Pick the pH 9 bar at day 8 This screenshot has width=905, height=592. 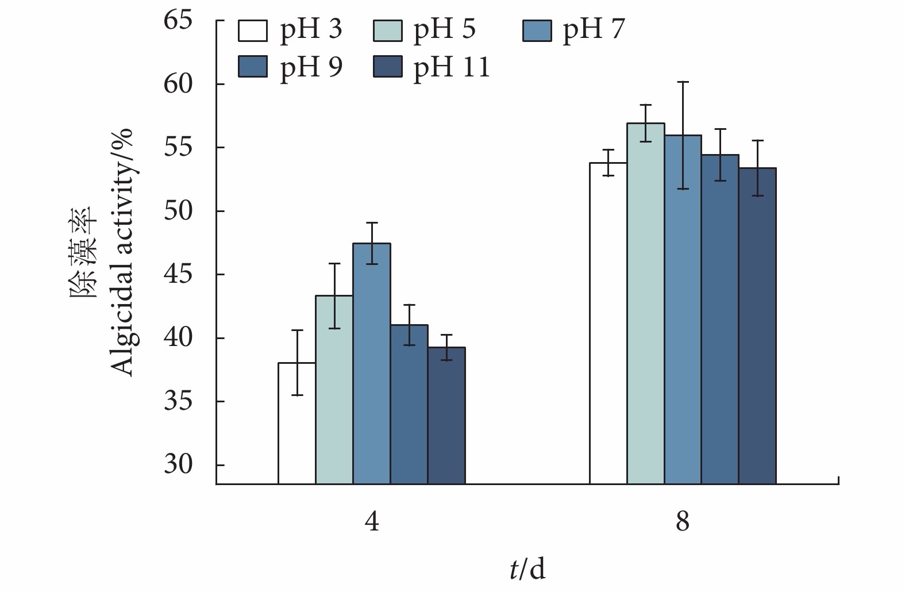(720, 319)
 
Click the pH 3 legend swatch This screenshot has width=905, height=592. (253, 31)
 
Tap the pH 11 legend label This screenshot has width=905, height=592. (452, 67)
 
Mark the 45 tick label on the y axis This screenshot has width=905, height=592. (178, 275)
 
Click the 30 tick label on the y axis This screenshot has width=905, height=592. (178, 464)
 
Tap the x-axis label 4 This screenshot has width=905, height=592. (372, 522)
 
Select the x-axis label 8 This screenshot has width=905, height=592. (683, 522)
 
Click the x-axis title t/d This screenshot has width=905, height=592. (527, 569)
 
